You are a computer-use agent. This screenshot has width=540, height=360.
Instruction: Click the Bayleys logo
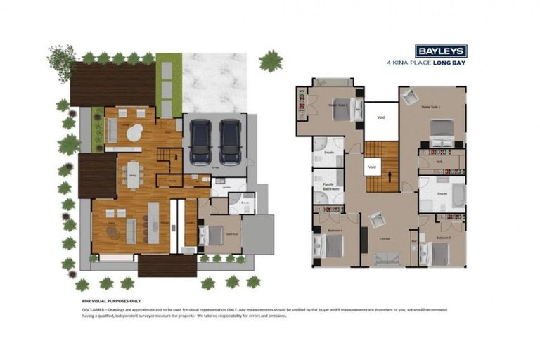(x=440, y=51)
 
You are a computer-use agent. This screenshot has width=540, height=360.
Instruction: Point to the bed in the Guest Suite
(x=212, y=235)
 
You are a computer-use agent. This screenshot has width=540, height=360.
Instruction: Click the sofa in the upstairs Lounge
(x=386, y=259)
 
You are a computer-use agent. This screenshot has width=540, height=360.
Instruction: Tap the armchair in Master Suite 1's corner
(x=411, y=98)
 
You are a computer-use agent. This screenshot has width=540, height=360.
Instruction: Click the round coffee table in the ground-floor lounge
(x=134, y=131)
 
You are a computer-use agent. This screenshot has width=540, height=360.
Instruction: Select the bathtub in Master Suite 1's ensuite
(x=458, y=195)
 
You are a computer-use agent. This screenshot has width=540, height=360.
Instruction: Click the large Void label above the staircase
(x=380, y=117)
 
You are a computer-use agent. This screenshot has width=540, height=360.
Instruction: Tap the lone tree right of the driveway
(x=270, y=61)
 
